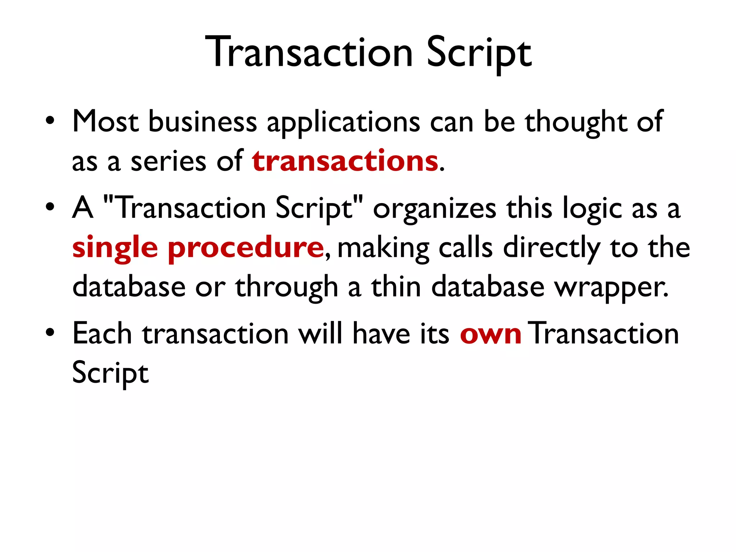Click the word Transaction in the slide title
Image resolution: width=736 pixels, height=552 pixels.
[309, 52]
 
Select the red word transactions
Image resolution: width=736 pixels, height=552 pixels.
[345, 161]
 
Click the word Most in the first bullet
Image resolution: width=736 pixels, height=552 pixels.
[105, 121]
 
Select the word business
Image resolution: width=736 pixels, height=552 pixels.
[203, 121]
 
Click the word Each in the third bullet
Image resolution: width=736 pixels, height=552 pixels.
[102, 333]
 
